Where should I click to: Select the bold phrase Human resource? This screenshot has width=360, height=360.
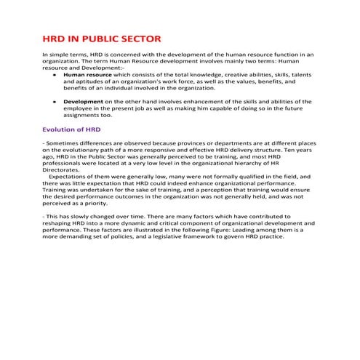pyautogui.click(x=87, y=75)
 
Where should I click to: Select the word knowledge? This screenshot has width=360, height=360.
pyautogui.click(x=199, y=75)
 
